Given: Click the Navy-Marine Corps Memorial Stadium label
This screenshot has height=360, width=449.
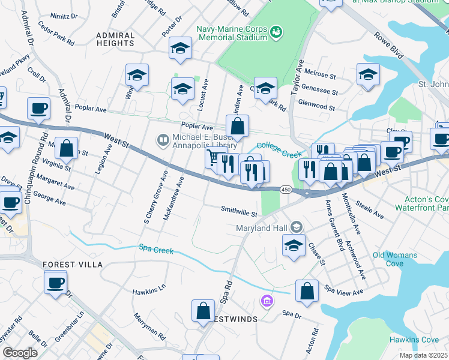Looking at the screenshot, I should (231, 33).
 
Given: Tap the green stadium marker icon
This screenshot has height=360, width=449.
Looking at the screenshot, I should (276, 31).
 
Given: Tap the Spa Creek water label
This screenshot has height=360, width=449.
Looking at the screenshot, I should (156, 248).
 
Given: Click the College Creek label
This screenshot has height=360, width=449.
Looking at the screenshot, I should (279, 150).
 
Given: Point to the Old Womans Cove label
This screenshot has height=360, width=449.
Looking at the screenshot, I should (394, 259).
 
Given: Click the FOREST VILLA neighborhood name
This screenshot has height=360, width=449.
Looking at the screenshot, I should (73, 264).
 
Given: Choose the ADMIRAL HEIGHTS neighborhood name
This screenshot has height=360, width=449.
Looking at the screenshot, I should (115, 39).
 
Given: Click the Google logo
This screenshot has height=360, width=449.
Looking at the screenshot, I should (20, 352).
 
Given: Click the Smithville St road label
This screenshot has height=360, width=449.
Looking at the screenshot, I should (239, 212).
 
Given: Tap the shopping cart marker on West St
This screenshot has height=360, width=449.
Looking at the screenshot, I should (212, 158).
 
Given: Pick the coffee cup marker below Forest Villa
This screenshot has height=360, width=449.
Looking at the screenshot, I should (56, 281).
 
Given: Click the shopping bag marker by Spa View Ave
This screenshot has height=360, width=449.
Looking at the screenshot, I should (307, 291).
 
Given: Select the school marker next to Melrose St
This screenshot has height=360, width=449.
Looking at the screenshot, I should (368, 74).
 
